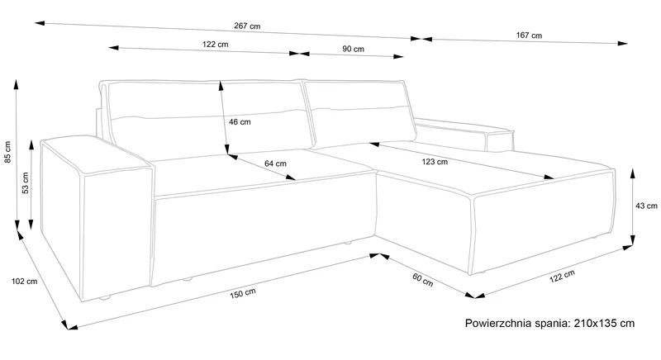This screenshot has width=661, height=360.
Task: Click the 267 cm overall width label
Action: click(x=247, y=26)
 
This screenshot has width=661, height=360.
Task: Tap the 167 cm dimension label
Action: click(x=529, y=36)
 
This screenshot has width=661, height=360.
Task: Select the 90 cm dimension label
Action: click(x=354, y=49)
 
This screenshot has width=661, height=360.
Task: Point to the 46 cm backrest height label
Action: click(x=240, y=122)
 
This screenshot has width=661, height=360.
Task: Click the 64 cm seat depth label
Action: click(x=275, y=163)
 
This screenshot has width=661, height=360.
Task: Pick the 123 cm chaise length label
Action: click(x=435, y=162)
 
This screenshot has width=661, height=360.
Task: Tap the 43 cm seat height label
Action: click(x=646, y=206)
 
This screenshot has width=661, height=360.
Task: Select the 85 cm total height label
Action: click(x=7, y=152)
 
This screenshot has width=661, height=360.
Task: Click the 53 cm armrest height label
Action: click(x=26, y=182)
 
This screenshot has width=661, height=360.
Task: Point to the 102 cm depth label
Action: click(x=24, y=282)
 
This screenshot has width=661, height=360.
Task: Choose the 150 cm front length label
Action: click(x=243, y=293)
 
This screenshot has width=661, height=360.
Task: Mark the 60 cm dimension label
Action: click(x=423, y=280)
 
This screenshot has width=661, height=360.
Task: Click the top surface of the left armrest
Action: click(x=95, y=154)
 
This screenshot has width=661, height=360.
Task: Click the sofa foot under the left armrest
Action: click(x=104, y=298)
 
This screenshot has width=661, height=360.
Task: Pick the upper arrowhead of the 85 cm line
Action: click(x=16, y=83)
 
